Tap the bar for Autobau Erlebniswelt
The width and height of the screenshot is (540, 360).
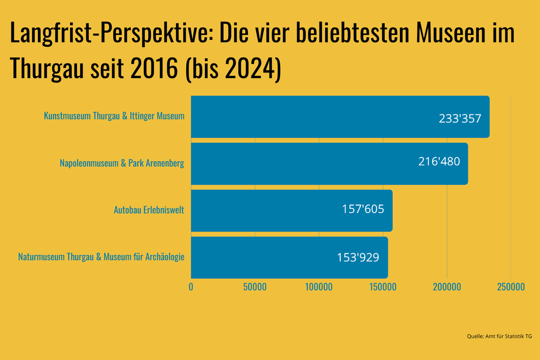265,210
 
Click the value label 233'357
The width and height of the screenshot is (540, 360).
460,119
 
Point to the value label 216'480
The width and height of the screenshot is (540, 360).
439,161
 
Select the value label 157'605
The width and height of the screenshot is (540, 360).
363,209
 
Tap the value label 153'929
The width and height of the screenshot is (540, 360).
358,258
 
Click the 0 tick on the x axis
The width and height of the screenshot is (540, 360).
191,287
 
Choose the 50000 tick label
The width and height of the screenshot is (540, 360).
255,287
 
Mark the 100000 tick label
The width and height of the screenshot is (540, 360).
319,287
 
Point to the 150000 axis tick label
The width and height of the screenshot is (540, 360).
383,287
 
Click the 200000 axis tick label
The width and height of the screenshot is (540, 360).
447,287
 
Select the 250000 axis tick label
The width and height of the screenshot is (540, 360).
511,287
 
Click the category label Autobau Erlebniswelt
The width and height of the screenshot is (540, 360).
149,210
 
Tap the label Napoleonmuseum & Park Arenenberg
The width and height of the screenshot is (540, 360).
122,163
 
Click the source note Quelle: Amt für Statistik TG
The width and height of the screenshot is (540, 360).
499,336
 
